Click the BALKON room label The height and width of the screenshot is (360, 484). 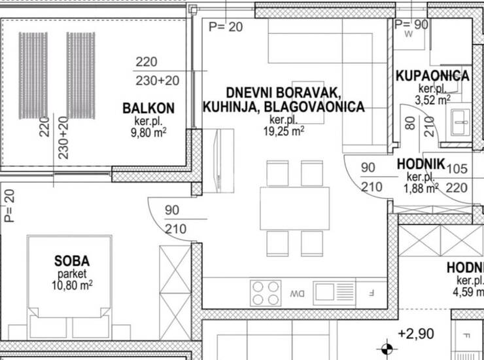(x=148, y=109)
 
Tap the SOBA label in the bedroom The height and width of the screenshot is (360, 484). (x=72, y=261)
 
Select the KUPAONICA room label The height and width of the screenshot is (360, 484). (x=432, y=76)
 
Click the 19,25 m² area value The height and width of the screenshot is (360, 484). (x=284, y=131)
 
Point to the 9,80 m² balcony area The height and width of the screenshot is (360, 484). (x=148, y=133)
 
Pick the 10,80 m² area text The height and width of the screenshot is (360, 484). (x=72, y=285)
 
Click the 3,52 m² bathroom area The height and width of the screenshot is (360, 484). (x=432, y=100)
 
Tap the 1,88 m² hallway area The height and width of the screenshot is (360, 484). (x=421, y=188)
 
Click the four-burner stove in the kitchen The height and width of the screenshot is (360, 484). (x=266, y=293)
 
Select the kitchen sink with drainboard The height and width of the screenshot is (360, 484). (x=334, y=293)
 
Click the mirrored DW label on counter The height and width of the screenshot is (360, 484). (x=297, y=294)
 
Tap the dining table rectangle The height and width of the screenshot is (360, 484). (x=295, y=208)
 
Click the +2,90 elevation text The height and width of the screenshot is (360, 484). (x=416, y=334)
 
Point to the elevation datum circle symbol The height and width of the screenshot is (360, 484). (x=387, y=349)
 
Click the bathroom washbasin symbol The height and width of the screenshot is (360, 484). (x=460, y=122)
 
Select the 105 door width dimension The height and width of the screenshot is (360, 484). (x=457, y=169)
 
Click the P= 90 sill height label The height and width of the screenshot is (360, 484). (x=411, y=25)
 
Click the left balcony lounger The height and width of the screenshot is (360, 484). (x=33, y=76)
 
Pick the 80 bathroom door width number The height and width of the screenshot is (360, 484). (x=410, y=123)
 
